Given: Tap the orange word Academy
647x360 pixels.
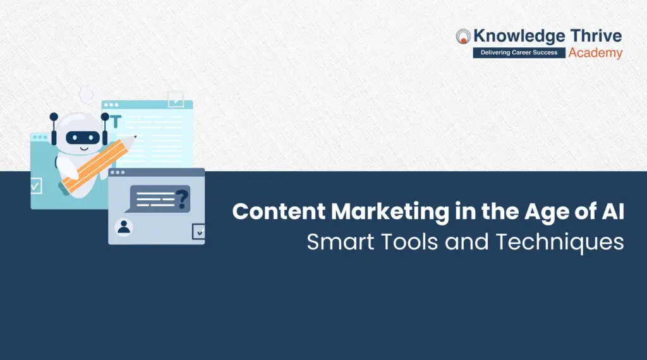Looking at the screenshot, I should tap(595, 53).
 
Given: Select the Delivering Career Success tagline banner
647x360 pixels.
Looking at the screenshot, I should tap(519, 53).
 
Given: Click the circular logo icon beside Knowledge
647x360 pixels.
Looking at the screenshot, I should tap(464, 37).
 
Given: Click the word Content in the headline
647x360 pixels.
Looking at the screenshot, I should tap(274, 211).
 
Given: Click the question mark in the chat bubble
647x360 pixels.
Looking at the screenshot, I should tap(182, 198).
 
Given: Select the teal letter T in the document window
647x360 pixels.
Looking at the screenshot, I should tap(116, 121).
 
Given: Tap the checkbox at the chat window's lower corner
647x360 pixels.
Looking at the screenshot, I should tap(199, 232).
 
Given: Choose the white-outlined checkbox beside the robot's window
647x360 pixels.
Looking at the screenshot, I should tap(35, 186).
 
